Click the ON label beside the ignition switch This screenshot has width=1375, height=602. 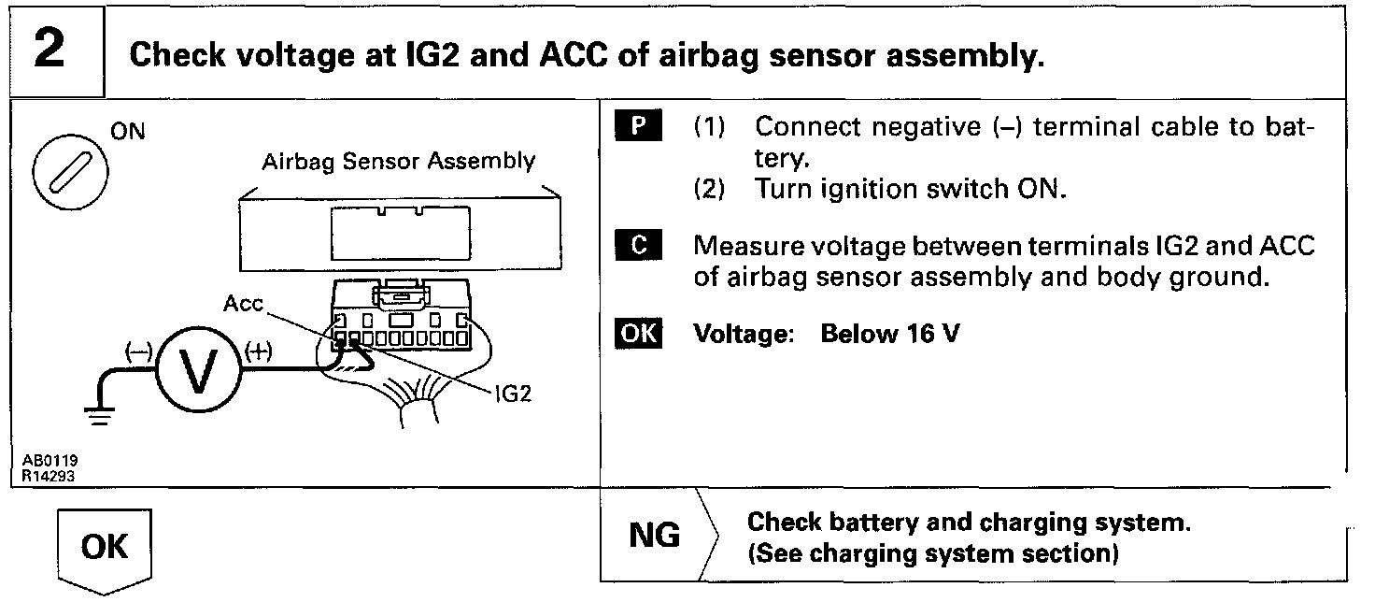[128, 132]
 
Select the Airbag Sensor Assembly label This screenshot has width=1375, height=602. [399, 161]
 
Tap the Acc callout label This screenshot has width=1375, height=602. [244, 305]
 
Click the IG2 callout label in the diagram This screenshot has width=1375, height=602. [513, 394]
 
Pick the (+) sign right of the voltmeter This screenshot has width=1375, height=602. [259, 352]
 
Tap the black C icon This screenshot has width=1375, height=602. [639, 246]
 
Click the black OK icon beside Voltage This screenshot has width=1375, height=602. [638, 334]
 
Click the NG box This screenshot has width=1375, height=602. [656, 537]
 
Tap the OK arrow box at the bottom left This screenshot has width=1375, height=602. [104, 548]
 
